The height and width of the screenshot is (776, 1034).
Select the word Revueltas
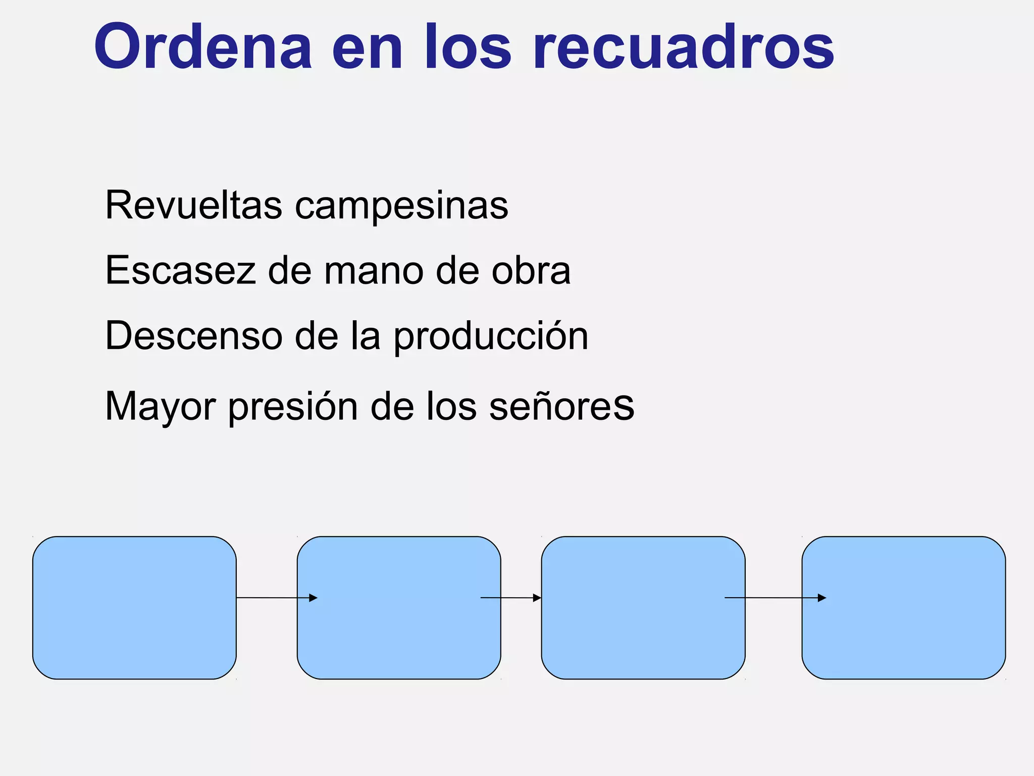pyautogui.click(x=193, y=205)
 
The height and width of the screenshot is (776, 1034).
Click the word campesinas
pyautogui.click(x=401, y=206)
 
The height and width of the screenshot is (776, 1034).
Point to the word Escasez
pyautogui.click(x=180, y=270)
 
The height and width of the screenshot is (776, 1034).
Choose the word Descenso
pyautogui.click(x=193, y=335)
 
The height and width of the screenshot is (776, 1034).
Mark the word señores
pyautogui.click(x=561, y=406)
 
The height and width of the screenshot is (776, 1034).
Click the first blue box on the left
pyautogui.click(x=134, y=608)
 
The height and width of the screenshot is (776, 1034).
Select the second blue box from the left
pyautogui.click(x=399, y=608)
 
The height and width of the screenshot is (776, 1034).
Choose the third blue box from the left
pyautogui.click(x=643, y=608)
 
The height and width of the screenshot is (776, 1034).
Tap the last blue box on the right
pyautogui.click(x=904, y=608)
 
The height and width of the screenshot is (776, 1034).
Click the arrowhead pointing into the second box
pyautogui.click(x=314, y=598)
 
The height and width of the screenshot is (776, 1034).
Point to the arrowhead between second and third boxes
pyautogui.click(x=537, y=598)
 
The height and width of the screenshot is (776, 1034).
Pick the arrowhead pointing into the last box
pyautogui.click(x=822, y=598)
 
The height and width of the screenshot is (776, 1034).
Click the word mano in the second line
pyautogui.click(x=373, y=270)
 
